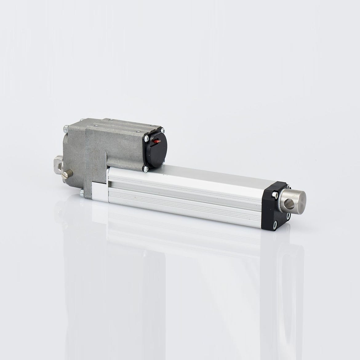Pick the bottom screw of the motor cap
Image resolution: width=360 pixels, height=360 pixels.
click(x=145, y=168)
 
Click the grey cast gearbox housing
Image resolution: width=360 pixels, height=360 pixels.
click(x=89, y=154)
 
